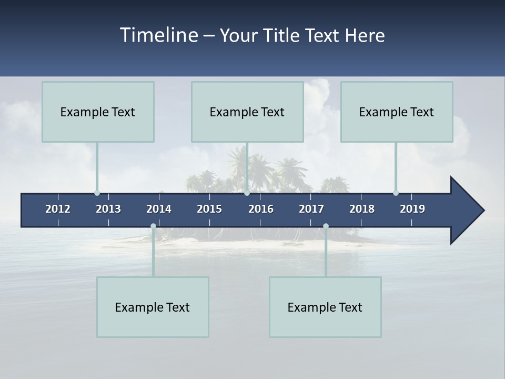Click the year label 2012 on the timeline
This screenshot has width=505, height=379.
click(58, 209)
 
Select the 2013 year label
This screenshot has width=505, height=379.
click(108, 209)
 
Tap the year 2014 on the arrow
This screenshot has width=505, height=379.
click(159, 209)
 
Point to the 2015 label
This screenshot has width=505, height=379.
click(209, 209)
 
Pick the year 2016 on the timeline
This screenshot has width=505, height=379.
click(261, 209)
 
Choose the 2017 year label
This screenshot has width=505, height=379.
click(311, 209)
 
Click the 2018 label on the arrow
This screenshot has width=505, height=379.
click(362, 209)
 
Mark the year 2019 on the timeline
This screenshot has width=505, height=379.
click(412, 209)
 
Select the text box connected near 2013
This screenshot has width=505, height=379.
click(98, 112)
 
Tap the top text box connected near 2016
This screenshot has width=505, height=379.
click(247, 112)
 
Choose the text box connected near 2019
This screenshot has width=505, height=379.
click(397, 112)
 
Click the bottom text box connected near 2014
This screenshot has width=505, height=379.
click(153, 307)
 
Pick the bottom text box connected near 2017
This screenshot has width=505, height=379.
click(325, 307)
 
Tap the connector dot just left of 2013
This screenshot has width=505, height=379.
click(97, 193)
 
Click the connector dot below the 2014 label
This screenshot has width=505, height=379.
click(153, 226)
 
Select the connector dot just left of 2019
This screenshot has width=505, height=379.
click(396, 193)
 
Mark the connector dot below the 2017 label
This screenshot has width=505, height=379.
click(326, 226)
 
